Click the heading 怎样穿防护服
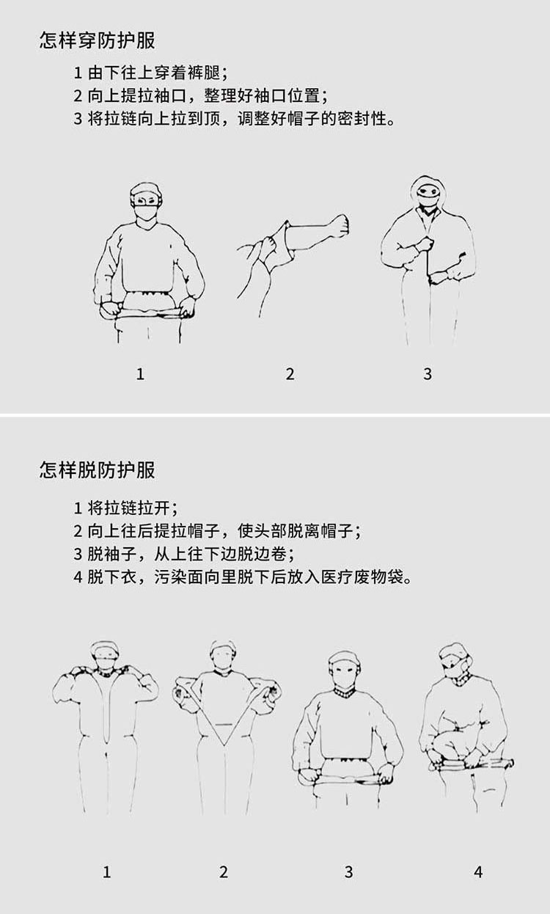(98, 41)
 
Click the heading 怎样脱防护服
(98, 470)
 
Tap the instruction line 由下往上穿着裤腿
(150, 73)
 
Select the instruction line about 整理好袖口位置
(201, 96)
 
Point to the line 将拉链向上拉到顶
(235, 119)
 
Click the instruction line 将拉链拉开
(125, 508)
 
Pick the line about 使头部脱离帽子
(218, 531)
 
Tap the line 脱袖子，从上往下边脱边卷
(184, 554)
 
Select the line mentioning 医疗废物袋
(243, 577)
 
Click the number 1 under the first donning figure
(140, 374)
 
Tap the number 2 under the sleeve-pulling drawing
(290, 374)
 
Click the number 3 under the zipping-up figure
(428, 374)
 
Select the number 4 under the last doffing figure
(478, 872)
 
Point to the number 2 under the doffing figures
(223, 872)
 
